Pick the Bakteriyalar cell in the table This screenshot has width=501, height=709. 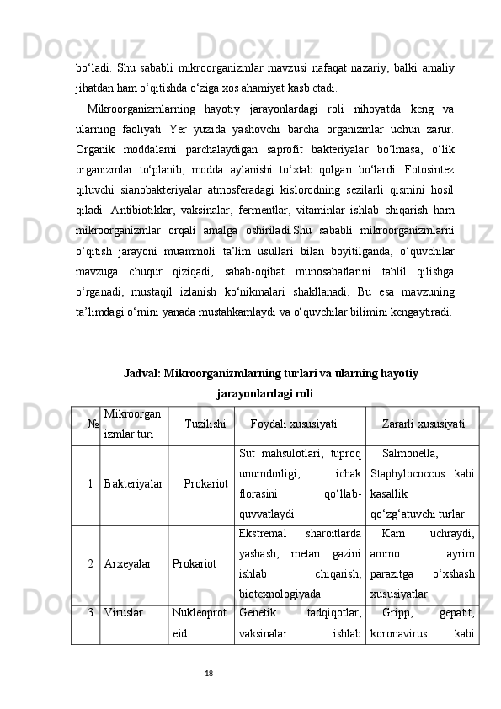tap(134, 486)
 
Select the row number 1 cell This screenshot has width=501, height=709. tap(89, 486)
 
